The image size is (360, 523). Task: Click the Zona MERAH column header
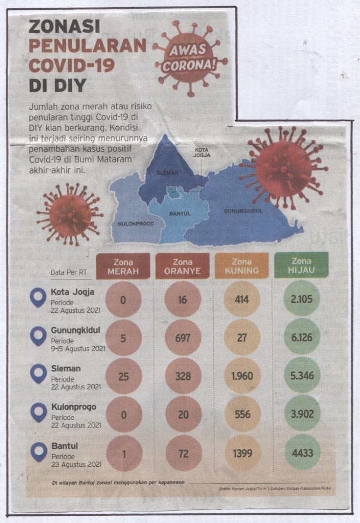pos(123,266)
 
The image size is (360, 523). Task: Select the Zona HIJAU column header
pos(301,265)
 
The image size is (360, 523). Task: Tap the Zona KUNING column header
pos(242,266)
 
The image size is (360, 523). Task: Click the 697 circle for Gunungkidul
pos(183,338)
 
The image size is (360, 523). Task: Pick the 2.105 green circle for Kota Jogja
pos(302,299)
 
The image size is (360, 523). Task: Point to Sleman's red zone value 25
pos(124,376)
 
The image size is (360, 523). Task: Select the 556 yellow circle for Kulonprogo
pos(242,414)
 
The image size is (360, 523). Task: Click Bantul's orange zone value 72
pos(183,453)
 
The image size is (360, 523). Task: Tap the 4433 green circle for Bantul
pos(302,453)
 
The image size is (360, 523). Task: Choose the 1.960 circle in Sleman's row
pos(242,376)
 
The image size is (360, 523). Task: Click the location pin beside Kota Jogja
pos(38,298)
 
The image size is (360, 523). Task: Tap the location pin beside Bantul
pos(39,452)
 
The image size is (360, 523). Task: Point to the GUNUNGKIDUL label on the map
pos(243,211)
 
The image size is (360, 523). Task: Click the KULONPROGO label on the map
pos(136,224)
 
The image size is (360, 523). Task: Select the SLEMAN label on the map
pos(167,173)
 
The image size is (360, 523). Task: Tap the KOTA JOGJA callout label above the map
pos(202,152)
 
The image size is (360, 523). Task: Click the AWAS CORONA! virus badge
pos(189,57)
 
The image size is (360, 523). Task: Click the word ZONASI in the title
pos(64,26)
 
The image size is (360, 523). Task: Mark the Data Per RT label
pos(69,272)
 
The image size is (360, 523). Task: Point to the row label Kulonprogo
pos(74,407)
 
